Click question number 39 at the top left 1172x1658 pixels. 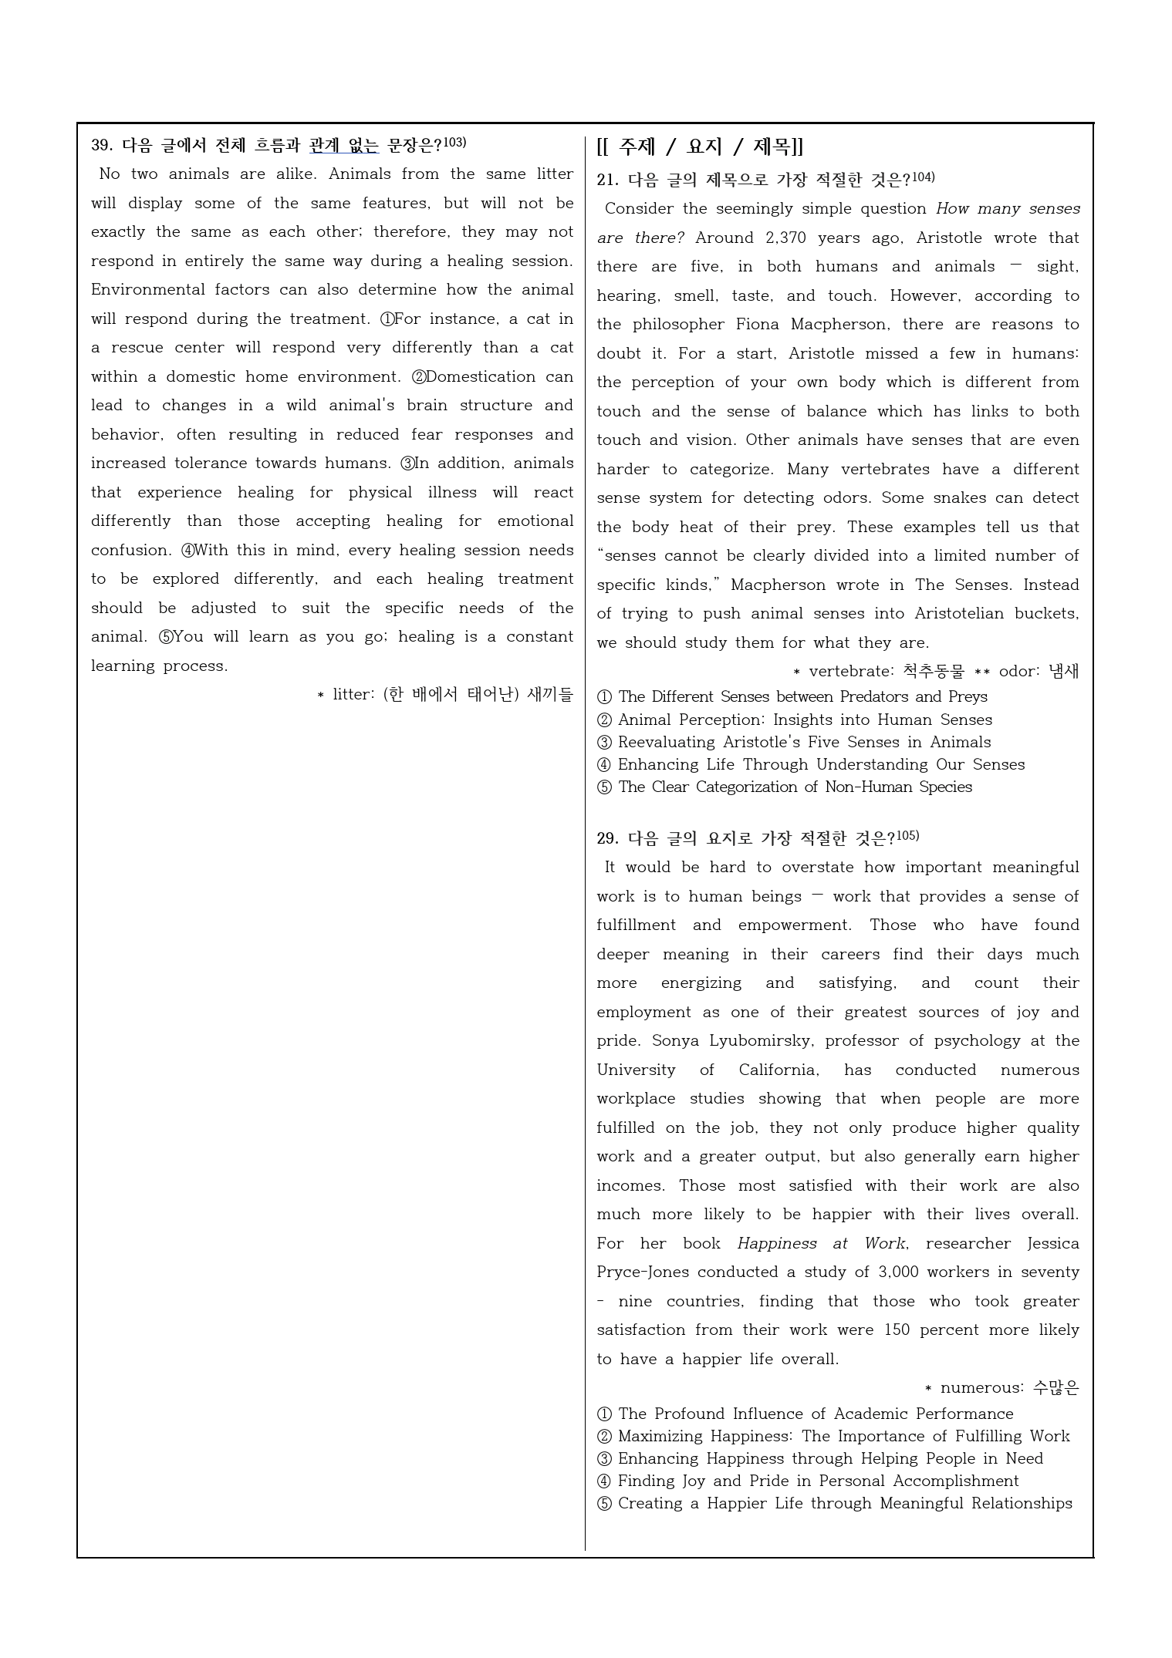(101, 145)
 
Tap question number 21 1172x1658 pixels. (607, 180)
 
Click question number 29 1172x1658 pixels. (607, 838)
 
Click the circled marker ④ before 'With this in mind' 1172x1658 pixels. (187, 551)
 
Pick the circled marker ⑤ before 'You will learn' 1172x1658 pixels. (166, 637)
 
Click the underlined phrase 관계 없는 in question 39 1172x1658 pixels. (344, 145)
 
